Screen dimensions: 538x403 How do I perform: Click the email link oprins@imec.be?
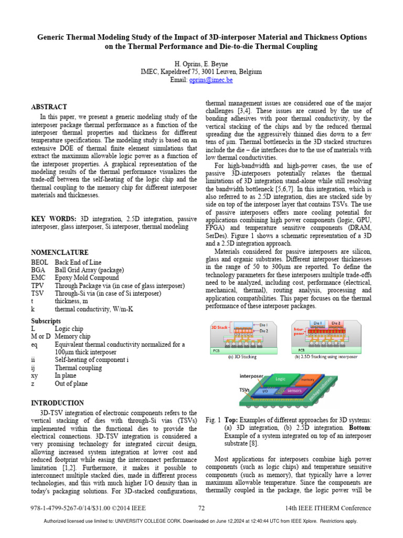click(215, 80)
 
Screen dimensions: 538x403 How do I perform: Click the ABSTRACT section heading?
click(49, 107)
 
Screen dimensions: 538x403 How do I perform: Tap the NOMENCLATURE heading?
click(60, 252)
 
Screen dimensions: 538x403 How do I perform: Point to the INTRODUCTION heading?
click(57, 403)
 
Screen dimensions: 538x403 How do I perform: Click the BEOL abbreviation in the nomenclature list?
click(40, 262)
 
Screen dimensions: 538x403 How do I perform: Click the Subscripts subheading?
click(46, 320)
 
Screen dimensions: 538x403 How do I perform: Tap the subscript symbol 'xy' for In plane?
click(35, 376)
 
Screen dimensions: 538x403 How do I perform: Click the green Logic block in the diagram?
click(281, 378)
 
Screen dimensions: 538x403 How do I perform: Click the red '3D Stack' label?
click(219, 327)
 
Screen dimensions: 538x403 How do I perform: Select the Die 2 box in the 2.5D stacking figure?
click(336, 323)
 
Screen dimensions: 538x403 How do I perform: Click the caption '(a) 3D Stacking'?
click(242, 356)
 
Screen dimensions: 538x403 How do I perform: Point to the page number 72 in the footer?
click(201, 508)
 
